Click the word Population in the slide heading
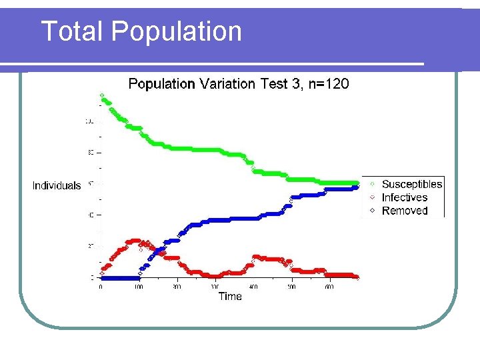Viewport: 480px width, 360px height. tap(177, 31)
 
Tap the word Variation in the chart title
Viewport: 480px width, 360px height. tap(227, 84)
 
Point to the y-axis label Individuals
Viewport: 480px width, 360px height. tap(57, 186)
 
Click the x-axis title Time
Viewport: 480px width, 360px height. tap(230, 297)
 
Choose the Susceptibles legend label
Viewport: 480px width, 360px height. tap(411, 185)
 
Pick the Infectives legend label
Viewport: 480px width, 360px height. tap(404, 197)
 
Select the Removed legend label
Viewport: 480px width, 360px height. tap(404, 211)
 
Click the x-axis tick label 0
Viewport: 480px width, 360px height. tap(101, 287)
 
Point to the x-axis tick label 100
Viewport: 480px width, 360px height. tap(139, 287)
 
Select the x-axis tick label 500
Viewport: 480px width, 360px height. tap(291, 287)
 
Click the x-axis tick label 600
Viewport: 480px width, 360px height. tap(329, 287)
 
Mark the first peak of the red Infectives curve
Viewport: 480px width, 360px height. tap(136, 241)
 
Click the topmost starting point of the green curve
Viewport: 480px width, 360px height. tap(101, 94)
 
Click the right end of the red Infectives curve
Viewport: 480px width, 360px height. tap(357, 277)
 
